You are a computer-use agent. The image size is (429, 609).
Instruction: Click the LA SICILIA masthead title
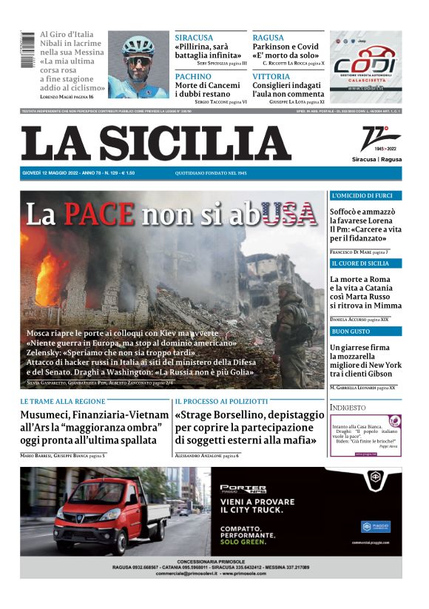click(x=155, y=143)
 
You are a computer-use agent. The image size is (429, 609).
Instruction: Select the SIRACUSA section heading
click(x=194, y=38)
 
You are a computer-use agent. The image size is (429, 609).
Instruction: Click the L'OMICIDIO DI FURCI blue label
click(x=362, y=196)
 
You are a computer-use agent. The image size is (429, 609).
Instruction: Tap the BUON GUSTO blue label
click(x=351, y=332)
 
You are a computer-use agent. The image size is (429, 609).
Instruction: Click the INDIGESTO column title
click(x=348, y=408)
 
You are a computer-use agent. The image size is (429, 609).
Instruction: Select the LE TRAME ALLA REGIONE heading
click(x=63, y=401)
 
